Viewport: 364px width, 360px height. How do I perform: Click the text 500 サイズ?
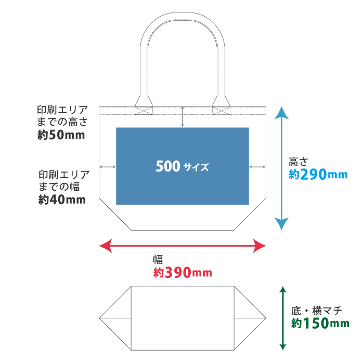(182, 167)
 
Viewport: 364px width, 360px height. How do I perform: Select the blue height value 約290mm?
(318, 175)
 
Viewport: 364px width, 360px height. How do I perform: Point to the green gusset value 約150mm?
(320, 324)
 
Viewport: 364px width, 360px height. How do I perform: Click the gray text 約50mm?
(61, 135)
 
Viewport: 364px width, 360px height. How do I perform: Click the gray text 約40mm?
(61, 199)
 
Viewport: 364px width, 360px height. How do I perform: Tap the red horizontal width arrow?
(182, 246)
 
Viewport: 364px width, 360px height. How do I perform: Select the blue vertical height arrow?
(281, 167)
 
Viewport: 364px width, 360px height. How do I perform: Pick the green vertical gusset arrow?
(283, 317)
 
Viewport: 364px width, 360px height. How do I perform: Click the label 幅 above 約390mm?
(158, 259)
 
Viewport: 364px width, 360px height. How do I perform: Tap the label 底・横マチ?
(316, 311)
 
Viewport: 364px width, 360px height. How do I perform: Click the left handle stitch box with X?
(142, 110)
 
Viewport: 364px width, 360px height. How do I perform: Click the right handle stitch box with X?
(221, 110)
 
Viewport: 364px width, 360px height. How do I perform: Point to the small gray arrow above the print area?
(182, 116)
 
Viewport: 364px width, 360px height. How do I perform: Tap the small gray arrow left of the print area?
(107, 167)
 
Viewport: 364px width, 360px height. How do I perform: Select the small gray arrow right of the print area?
(257, 167)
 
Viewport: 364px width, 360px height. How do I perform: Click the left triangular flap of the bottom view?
(117, 317)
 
